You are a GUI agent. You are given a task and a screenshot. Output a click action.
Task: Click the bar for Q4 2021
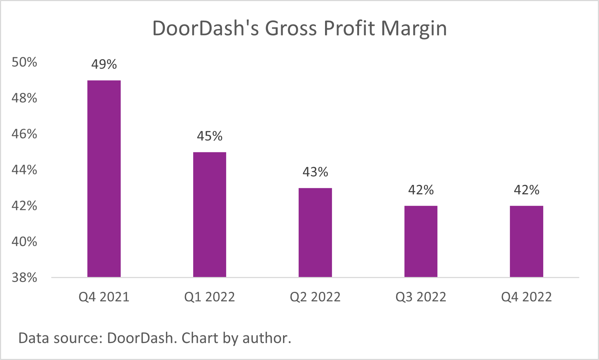coord(104,179)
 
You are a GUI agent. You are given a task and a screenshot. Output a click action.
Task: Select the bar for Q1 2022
coord(209,215)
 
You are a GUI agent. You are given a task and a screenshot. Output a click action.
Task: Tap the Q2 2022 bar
coord(315,232)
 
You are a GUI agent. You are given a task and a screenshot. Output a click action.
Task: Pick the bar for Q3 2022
coord(421,241)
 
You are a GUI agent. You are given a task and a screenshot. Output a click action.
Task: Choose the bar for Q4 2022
coord(526,241)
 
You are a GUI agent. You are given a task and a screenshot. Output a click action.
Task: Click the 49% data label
coord(104,65)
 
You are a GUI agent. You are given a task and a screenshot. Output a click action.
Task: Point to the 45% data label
coord(209,136)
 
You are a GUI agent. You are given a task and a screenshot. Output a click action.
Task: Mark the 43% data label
coord(315,172)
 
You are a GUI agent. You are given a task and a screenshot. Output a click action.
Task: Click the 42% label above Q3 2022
coord(421,190)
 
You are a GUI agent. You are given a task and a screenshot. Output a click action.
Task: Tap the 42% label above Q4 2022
coord(526,190)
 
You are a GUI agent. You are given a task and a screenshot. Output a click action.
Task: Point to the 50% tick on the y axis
coord(24,62)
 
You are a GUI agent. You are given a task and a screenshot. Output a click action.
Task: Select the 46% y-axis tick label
coord(24,134)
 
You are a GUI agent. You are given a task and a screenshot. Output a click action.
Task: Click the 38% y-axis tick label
coord(24,278)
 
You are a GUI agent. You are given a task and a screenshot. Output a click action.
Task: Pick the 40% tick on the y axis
coord(24,242)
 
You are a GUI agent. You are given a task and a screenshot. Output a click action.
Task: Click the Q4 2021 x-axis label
coord(104,297)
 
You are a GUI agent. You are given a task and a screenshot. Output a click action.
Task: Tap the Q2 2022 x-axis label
coord(315,297)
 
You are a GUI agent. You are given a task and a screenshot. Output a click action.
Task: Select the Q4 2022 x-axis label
coord(526,297)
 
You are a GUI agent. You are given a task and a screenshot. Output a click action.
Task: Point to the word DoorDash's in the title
coord(205,28)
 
